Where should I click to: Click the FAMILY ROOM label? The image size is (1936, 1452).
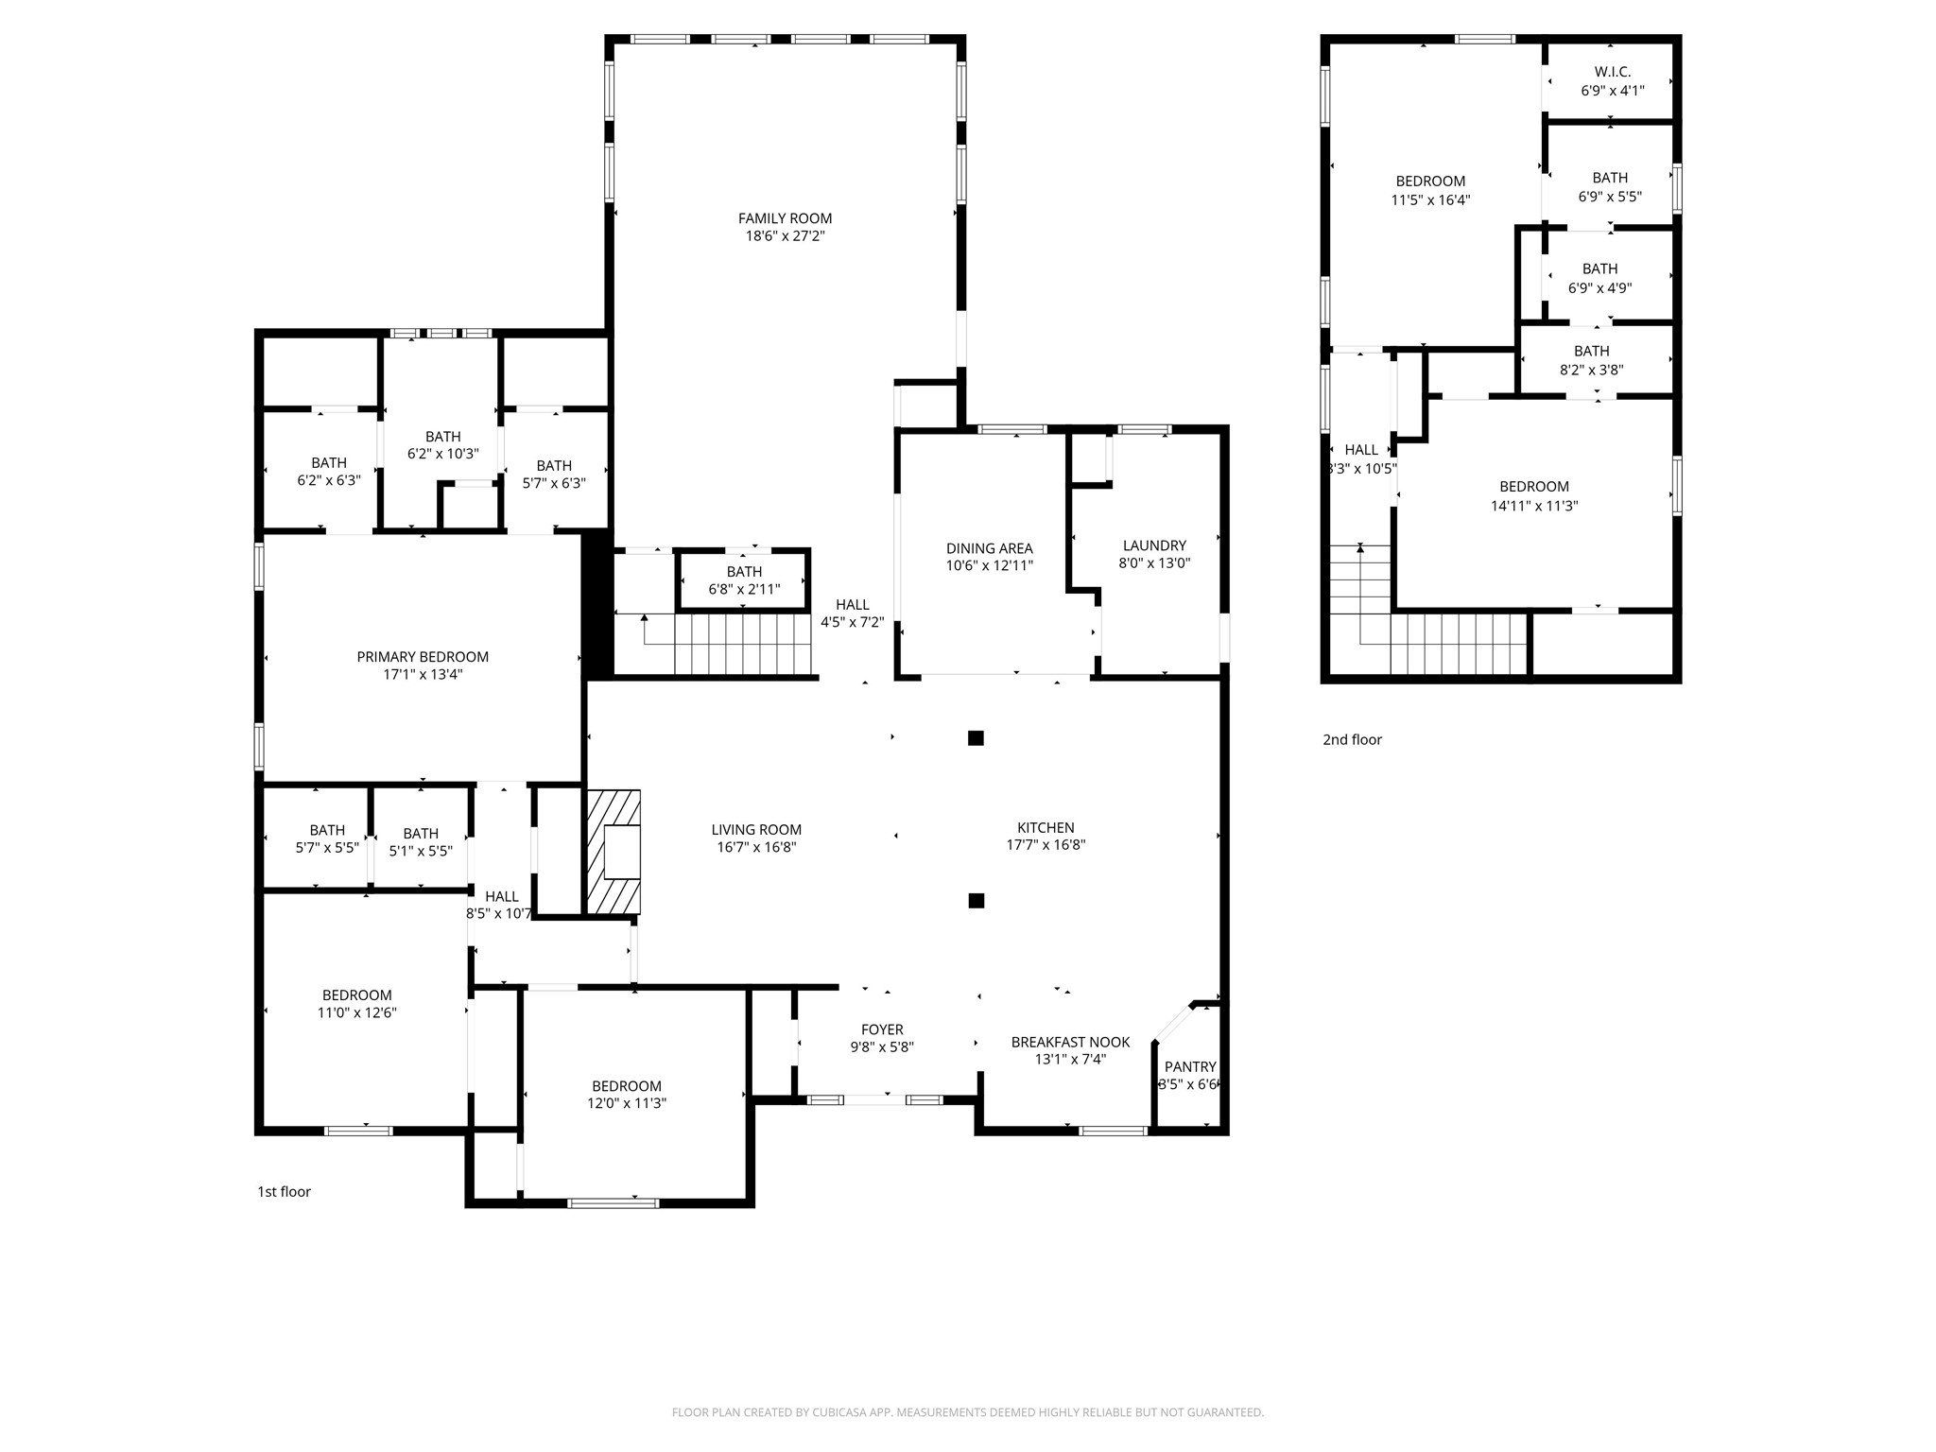[785, 218]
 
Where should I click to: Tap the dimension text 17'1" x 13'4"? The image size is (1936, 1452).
[423, 675]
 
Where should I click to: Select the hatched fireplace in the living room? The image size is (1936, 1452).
[614, 853]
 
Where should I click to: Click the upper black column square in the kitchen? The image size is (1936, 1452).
[976, 738]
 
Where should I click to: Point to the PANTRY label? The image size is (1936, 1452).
[1189, 1067]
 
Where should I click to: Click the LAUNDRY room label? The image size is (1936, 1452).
[1154, 545]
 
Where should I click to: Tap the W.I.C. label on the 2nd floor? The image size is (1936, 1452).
[1612, 72]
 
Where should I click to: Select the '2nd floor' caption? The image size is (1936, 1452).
[1352, 740]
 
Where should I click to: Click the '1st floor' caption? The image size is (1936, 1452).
[284, 1192]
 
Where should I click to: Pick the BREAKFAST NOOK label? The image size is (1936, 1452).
[1070, 1042]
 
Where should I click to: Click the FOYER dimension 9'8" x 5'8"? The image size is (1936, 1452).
[881, 1047]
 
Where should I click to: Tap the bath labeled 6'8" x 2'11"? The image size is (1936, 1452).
[744, 580]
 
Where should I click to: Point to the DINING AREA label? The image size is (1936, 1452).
[989, 548]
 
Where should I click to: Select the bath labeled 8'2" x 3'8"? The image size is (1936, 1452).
[1591, 360]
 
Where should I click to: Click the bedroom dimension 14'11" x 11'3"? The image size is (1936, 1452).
[1533, 506]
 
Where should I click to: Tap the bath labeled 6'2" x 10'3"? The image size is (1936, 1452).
[442, 445]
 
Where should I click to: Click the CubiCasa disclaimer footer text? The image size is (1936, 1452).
[967, 1412]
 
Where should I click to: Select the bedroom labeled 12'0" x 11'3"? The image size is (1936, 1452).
[627, 1095]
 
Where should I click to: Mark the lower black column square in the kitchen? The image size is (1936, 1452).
[977, 901]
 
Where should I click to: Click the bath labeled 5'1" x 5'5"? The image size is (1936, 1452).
[421, 842]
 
